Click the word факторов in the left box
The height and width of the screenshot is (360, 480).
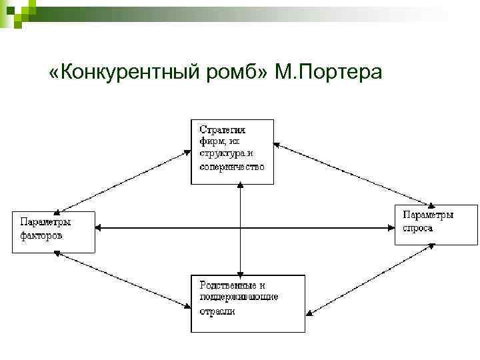(41, 235)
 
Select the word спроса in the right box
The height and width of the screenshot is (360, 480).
(418, 229)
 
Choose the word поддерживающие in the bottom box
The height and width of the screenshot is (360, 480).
(238, 297)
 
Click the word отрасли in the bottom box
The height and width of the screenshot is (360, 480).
(217, 310)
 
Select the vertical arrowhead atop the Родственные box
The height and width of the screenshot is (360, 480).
(239, 271)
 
